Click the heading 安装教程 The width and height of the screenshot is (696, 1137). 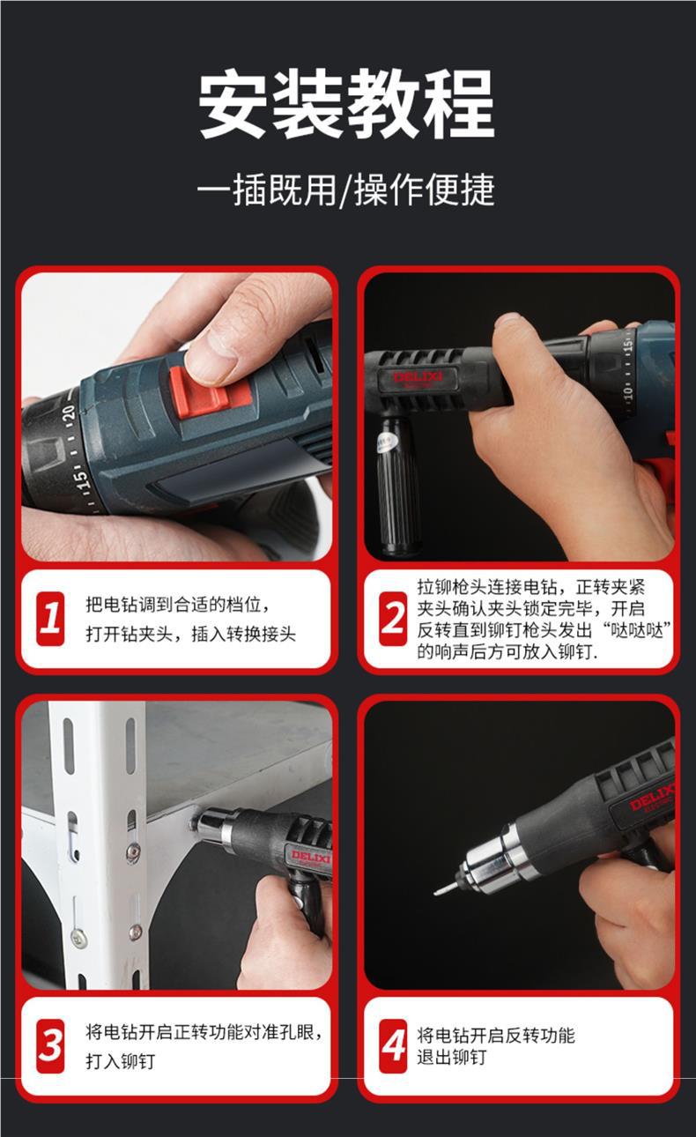(346, 104)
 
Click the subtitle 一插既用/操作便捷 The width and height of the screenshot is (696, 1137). (346, 189)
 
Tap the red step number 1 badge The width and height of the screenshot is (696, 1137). (50, 619)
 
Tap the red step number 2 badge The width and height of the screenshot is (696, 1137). (393, 619)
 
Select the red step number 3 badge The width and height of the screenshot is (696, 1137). (50, 1046)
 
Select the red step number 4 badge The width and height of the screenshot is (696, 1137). (393, 1046)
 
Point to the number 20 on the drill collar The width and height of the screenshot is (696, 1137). (70, 412)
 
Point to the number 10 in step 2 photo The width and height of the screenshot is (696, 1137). (627, 392)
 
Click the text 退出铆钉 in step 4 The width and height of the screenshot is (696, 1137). (452, 1058)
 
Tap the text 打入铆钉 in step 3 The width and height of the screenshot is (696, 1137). (120, 1061)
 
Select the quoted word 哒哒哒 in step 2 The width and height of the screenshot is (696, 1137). (637, 630)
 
